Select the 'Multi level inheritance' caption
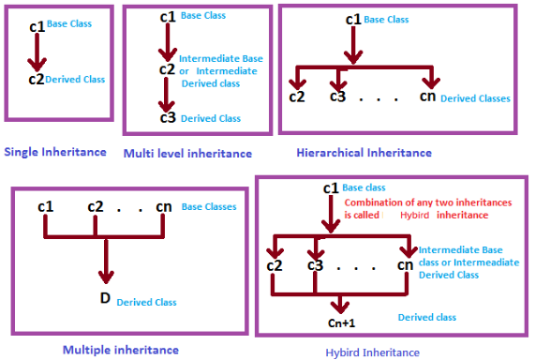pos(186,153)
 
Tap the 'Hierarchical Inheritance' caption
pos(364,152)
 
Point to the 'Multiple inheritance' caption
pos(120,350)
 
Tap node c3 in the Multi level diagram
pos(167,117)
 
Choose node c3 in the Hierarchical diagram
pos(339,96)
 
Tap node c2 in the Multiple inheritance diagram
pos(97,205)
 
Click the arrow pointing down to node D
pos(106,262)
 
